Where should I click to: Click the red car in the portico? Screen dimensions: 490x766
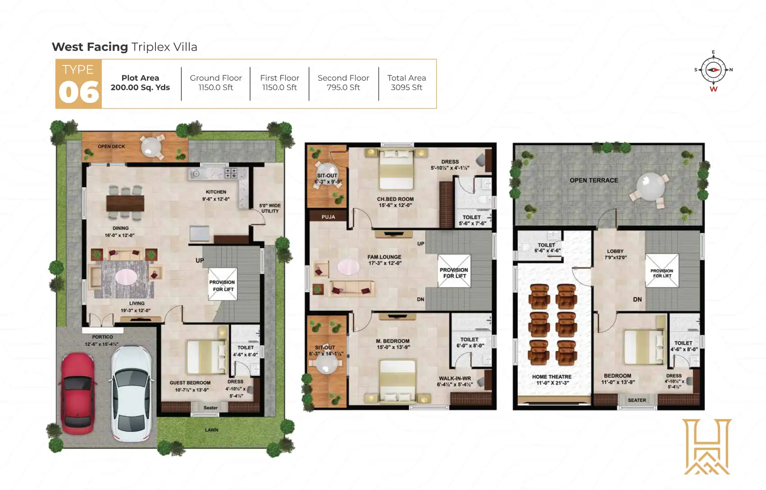click(x=78, y=393)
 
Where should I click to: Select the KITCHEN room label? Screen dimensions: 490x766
click(x=216, y=192)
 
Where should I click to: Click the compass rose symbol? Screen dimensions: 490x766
click(x=713, y=70)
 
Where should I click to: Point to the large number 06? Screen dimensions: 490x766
click(x=78, y=92)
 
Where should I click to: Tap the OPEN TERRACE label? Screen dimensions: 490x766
click(x=593, y=180)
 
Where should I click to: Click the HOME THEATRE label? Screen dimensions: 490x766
click(x=552, y=377)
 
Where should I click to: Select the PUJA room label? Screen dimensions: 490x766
click(x=328, y=217)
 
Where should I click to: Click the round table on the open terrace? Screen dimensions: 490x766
click(x=650, y=186)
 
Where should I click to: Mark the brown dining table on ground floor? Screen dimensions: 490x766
click(x=125, y=203)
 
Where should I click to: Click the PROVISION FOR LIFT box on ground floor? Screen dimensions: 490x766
click(x=223, y=285)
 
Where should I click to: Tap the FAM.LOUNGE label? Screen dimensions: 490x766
click(x=384, y=257)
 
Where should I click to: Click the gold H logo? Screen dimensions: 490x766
click(x=707, y=447)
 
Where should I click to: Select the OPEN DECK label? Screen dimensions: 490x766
click(x=111, y=147)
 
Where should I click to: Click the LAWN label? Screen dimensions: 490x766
click(x=211, y=430)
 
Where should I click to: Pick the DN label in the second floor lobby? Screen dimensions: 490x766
click(x=637, y=300)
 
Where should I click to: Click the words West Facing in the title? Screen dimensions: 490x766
click(x=90, y=47)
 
